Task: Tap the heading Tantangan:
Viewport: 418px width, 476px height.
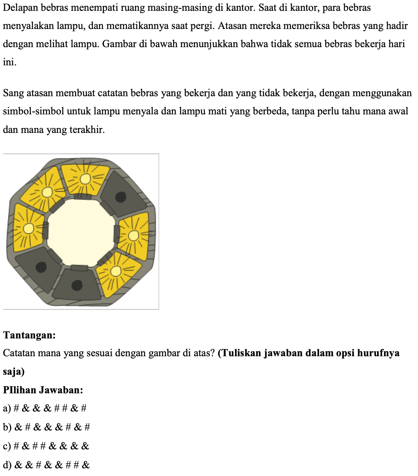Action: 29,335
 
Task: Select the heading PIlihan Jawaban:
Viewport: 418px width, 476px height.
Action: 43,390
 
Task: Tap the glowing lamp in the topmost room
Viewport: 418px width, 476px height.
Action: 85,179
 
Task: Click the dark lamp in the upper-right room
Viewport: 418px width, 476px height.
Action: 121,197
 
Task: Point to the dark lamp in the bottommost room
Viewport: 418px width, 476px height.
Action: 77,285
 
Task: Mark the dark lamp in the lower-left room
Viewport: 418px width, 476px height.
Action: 41,267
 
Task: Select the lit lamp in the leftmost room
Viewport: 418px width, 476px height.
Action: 28,229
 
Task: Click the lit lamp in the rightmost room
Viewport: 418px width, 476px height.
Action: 133,235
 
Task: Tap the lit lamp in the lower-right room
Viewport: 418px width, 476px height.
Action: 115,272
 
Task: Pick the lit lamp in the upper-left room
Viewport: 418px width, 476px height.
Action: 47,192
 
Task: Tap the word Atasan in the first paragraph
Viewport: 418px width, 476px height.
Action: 232,26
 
